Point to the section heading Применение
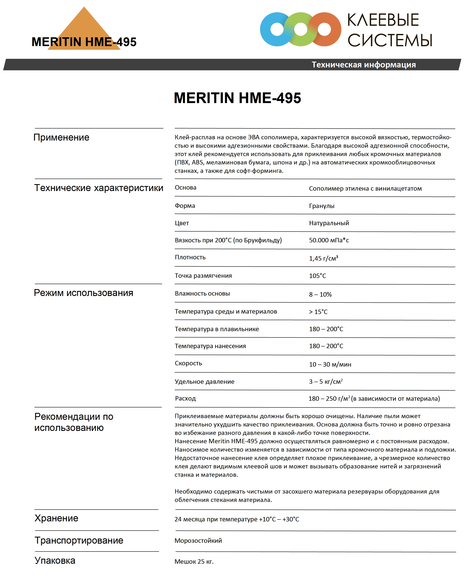point(61,137)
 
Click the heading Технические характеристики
point(98,188)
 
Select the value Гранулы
point(321,206)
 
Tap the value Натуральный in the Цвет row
point(329,223)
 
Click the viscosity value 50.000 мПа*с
point(329,240)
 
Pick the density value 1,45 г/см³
point(323,258)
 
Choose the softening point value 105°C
point(317,276)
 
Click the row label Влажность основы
point(202,293)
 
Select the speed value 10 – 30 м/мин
point(330,364)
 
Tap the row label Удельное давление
point(204,381)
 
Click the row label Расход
point(185,398)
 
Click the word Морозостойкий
point(198,540)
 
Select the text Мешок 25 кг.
point(194,562)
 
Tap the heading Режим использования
point(83,293)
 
